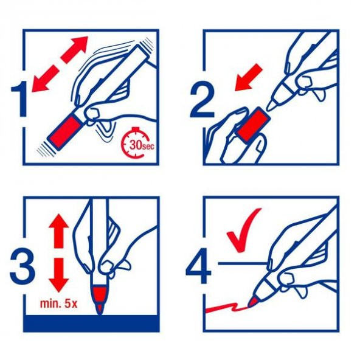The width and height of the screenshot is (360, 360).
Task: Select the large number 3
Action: [21, 266]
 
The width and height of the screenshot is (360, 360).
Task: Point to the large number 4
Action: [198, 266]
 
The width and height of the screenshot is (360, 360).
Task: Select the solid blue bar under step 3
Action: [91, 324]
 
